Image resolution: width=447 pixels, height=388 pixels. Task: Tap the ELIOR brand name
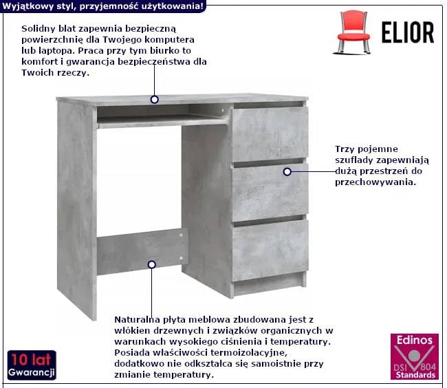pyautogui.click(x=408, y=32)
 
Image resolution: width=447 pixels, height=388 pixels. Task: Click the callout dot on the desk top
pyautogui.click(x=155, y=100)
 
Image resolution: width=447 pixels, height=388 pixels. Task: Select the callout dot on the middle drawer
pyautogui.click(x=287, y=171)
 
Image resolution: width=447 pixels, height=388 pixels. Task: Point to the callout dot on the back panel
pyautogui.click(x=152, y=265)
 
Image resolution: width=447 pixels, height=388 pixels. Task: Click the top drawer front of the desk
pyautogui.click(x=270, y=134)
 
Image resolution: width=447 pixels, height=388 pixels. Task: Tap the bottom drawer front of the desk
pyautogui.click(x=270, y=250)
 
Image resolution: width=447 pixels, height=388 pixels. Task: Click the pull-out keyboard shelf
pyautogui.click(x=162, y=122)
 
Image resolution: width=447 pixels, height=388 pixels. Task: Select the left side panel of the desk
pyautogui.click(x=77, y=210)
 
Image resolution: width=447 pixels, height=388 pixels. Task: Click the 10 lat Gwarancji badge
pyautogui.click(x=32, y=365)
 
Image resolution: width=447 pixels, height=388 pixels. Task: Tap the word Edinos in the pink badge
pyautogui.click(x=415, y=340)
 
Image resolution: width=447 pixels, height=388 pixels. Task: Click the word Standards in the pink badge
pyautogui.click(x=415, y=375)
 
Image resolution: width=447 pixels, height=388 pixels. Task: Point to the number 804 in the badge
pyautogui.click(x=428, y=366)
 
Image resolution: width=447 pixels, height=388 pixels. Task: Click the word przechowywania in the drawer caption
pyautogui.click(x=375, y=182)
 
